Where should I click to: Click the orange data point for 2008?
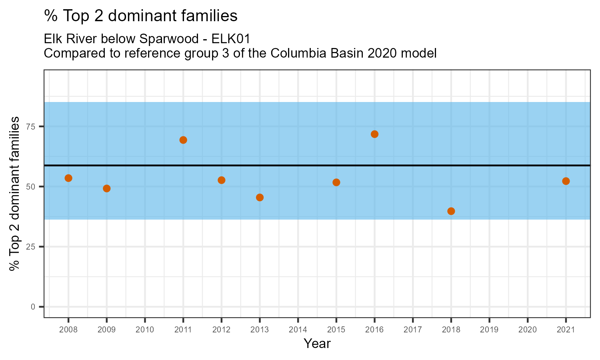click(x=68, y=178)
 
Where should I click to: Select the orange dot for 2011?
click(x=183, y=140)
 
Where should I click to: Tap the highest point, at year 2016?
click(x=374, y=134)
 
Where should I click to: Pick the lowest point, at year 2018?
click(x=451, y=211)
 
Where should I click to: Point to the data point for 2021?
click(x=566, y=181)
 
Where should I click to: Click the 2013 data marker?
click(x=260, y=197)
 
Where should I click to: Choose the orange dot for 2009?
click(x=107, y=188)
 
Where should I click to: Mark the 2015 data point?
click(x=336, y=182)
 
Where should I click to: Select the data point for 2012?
click(x=222, y=180)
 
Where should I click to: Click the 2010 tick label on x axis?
click(x=145, y=330)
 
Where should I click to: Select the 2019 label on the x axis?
click(x=489, y=330)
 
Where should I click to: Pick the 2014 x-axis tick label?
click(x=298, y=330)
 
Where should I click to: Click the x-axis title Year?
click(x=317, y=343)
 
